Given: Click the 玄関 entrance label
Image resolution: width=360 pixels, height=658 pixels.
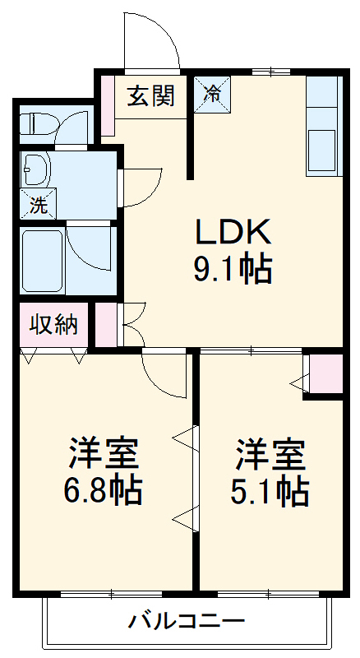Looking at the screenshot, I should pos(150,96).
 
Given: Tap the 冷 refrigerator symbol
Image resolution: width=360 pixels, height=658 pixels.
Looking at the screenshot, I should pos(211,94).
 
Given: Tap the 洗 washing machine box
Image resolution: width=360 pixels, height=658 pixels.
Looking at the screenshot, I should pos(38,205).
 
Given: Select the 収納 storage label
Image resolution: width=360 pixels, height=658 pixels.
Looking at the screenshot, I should pos(53,324).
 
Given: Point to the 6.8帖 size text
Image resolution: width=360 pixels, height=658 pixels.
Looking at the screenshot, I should pos(103,490).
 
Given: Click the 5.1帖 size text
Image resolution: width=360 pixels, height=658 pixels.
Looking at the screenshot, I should pos(270,490).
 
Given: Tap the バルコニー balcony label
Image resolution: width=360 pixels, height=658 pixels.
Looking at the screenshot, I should pos(186,621).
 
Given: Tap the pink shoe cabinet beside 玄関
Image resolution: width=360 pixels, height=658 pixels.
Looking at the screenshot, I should pos(107,105).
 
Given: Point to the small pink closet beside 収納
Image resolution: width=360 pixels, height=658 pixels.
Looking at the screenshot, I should pos(106,324).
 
